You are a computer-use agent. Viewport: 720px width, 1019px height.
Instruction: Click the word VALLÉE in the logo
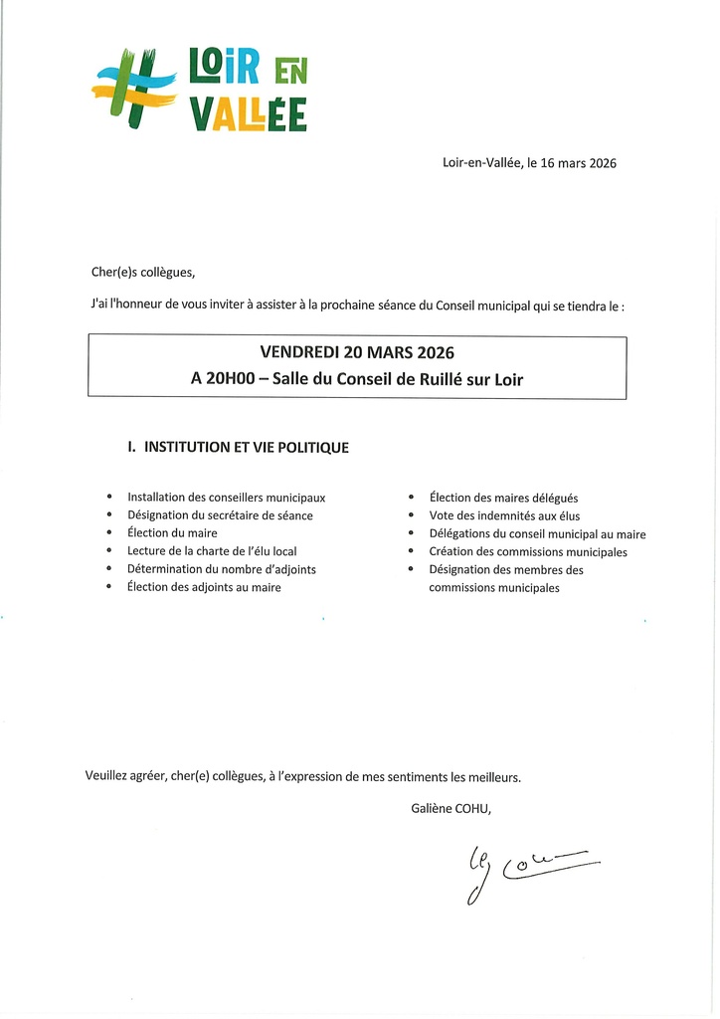click(248, 113)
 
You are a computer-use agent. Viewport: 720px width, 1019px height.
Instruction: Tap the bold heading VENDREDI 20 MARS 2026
click(357, 352)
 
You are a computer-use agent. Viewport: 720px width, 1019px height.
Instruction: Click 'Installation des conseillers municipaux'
click(226, 498)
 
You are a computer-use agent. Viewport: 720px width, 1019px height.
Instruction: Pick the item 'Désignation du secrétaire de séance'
click(220, 515)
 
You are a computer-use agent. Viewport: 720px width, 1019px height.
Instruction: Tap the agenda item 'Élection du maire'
click(172, 533)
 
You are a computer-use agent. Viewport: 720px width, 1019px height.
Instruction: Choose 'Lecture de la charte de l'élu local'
click(212, 551)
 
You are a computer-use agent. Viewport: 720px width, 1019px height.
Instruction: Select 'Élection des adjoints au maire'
click(204, 587)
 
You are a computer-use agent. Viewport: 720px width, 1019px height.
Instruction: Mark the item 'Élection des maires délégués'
click(503, 498)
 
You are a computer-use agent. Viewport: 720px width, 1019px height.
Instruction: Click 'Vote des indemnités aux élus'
click(504, 515)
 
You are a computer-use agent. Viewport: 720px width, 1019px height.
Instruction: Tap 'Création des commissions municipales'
click(528, 551)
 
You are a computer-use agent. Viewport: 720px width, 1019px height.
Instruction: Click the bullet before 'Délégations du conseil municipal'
click(410, 534)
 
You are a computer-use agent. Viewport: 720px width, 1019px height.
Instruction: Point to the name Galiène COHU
click(450, 808)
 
